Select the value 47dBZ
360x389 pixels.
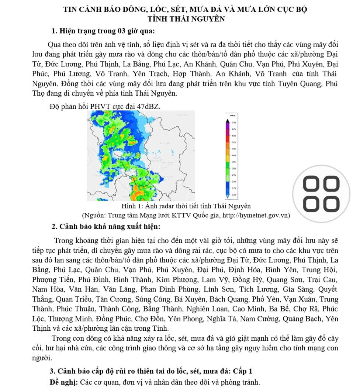pyautogui.click(x=149, y=107)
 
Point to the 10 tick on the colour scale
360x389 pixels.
pyautogui.click(x=234, y=194)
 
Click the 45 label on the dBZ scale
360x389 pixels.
pyautogui.click(x=234, y=148)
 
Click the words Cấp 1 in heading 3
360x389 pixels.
pyautogui.click(x=243, y=371)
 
